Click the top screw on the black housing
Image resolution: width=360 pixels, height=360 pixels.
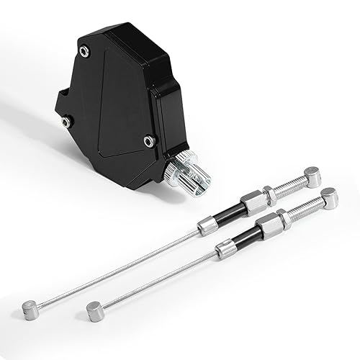85,50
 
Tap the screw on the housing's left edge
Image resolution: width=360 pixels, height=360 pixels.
66,122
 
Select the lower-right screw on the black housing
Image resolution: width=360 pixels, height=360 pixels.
148,140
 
